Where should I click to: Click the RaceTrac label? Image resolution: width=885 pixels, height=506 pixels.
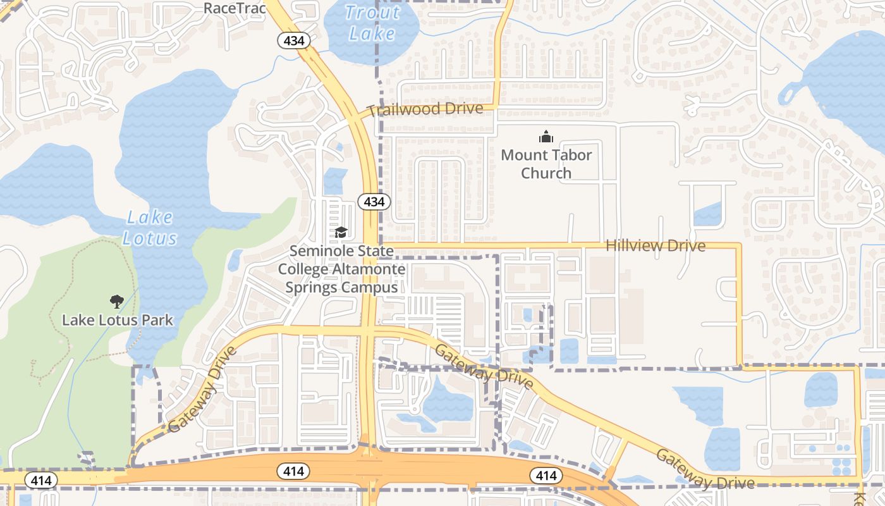pos(234,8)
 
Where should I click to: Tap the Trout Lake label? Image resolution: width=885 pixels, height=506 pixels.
pos(373,23)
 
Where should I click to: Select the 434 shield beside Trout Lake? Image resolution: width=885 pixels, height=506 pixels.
pos(294,41)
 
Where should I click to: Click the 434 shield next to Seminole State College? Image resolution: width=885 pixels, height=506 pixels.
pos(374,202)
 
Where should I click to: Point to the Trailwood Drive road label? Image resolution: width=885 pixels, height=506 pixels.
pos(425,109)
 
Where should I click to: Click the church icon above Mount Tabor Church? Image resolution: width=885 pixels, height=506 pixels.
pos(546,137)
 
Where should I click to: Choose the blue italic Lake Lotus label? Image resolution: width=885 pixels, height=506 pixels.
pos(149,228)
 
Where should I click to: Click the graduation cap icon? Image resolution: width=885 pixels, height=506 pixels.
pos(341,232)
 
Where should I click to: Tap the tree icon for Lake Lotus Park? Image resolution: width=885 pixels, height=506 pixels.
pos(116,301)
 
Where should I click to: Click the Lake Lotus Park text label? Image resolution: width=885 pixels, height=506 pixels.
pos(118,320)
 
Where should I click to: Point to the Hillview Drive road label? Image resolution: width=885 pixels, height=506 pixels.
pos(656,246)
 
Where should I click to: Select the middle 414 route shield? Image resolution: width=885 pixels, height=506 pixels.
pos(293,471)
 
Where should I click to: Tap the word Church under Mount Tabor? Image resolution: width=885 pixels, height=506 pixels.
pos(546,173)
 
